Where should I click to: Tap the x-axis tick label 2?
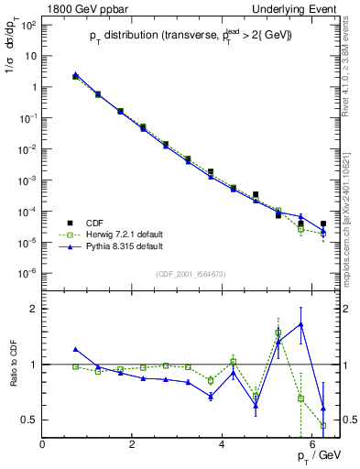coord(133,444)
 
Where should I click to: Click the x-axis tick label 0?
coord(43,444)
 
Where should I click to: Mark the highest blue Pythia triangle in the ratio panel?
coord(300,323)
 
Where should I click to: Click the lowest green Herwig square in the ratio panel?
coord(322,425)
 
